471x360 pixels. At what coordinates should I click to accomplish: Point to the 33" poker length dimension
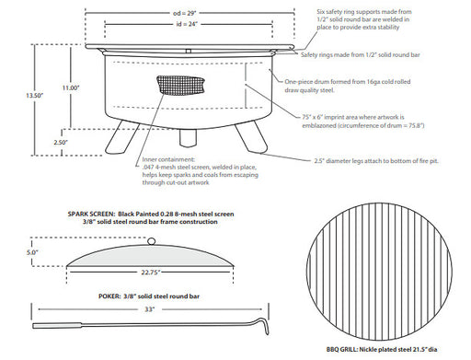pos(151,310)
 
